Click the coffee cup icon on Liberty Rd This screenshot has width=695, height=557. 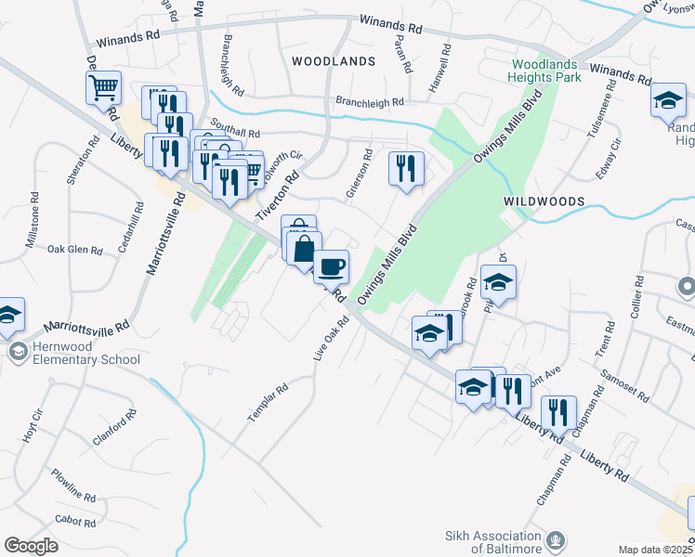[331, 267]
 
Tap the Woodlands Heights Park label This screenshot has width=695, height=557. [545, 71]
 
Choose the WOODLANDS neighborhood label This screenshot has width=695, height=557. [333, 60]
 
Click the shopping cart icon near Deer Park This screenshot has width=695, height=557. [103, 88]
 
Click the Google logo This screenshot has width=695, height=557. [31, 546]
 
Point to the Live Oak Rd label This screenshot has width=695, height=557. [331, 340]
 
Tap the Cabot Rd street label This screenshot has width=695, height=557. [75, 523]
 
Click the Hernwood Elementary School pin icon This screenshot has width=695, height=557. [18, 352]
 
